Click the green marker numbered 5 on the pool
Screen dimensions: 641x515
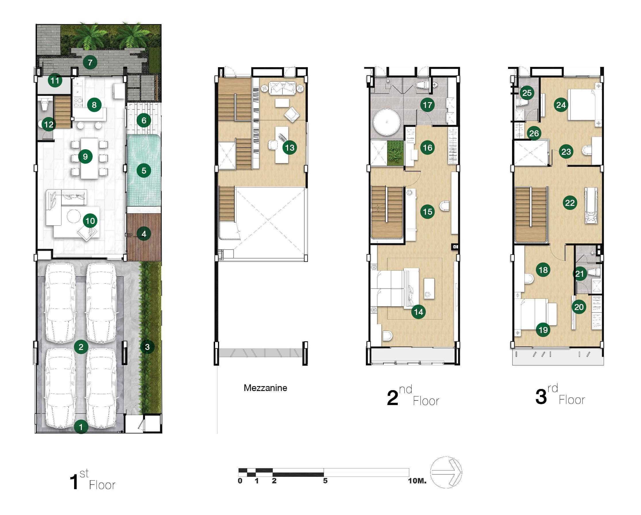click(x=144, y=171)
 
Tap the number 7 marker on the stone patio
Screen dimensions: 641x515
click(x=90, y=62)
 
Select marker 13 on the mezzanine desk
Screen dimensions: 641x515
click(x=289, y=148)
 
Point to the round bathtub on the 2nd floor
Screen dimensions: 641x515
click(x=387, y=122)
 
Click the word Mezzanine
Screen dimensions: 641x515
click(x=265, y=388)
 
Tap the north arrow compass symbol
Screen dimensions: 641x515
click(x=446, y=472)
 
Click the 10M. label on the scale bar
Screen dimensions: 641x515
click(x=417, y=481)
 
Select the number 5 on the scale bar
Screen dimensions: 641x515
click(x=325, y=481)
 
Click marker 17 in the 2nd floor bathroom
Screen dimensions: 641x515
click(x=428, y=105)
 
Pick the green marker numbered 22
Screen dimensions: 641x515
click(x=570, y=203)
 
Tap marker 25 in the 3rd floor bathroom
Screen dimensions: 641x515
click(x=527, y=93)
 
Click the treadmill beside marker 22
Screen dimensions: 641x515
click(x=591, y=205)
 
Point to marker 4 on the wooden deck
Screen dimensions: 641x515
click(x=144, y=234)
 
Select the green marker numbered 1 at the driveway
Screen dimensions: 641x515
click(x=81, y=427)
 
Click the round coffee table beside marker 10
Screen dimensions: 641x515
click(x=74, y=216)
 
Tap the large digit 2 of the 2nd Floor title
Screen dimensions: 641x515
click(x=393, y=398)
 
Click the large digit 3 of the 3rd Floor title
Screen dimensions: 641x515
click(x=541, y=397)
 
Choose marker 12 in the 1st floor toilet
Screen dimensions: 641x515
click(x=49, y=124)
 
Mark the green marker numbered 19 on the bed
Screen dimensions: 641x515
click(x=543, y=330)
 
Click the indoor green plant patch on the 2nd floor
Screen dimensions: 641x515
click(x=395, y=153)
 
